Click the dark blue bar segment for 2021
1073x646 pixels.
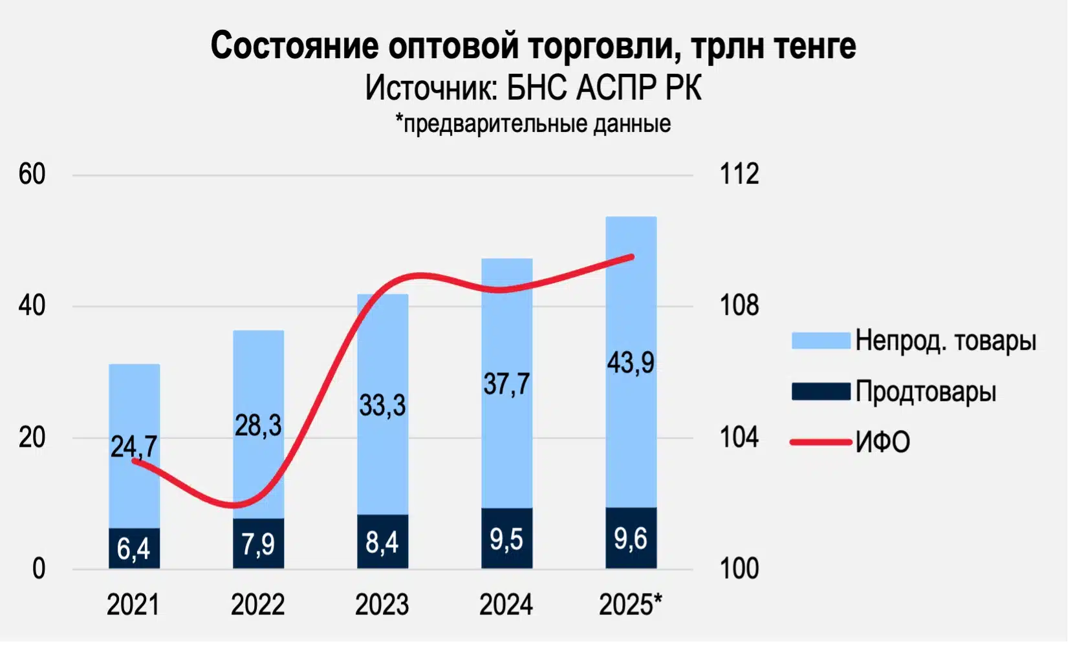click(x=134, y=548)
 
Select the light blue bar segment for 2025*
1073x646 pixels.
click(x=631, y=310)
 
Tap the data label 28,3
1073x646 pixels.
click(x=258, y=425)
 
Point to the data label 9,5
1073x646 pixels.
click(x=506, y=539)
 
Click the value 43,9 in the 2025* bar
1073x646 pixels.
click(x=631, y=362)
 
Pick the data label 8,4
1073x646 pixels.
click(x=382, y=542)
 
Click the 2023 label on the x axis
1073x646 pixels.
click(x=382, y=605)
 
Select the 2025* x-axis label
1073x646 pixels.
click(x=631, y=605)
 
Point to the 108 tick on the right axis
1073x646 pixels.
click(x=739, y=306)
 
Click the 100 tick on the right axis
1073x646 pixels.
click(x=739, y=569)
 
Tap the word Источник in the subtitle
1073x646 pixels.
click(x=430, y=88)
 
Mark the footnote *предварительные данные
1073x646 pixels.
click(x=533, y=124)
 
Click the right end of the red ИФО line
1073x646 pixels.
click(x=632, y=257)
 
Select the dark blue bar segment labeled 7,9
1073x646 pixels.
click(x=258, y=544)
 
